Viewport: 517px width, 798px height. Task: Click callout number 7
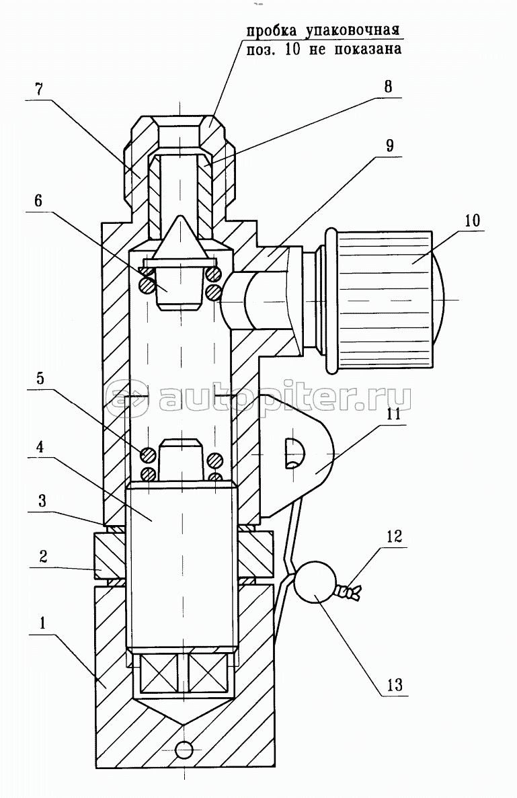(x=39, y=89)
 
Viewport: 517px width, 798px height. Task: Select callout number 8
(x=389, y=86)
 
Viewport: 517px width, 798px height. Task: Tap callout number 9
(x=389, y=146)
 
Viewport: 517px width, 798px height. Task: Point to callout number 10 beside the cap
(x=472, y=221)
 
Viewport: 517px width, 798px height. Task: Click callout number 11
(x=393, y=413)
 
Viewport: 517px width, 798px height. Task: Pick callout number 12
(x=394, y=536)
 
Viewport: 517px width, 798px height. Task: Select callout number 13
(x=395, y=684)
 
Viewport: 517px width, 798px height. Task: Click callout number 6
(x=38, y=200)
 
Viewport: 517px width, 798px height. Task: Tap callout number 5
(x=40, y=378)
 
